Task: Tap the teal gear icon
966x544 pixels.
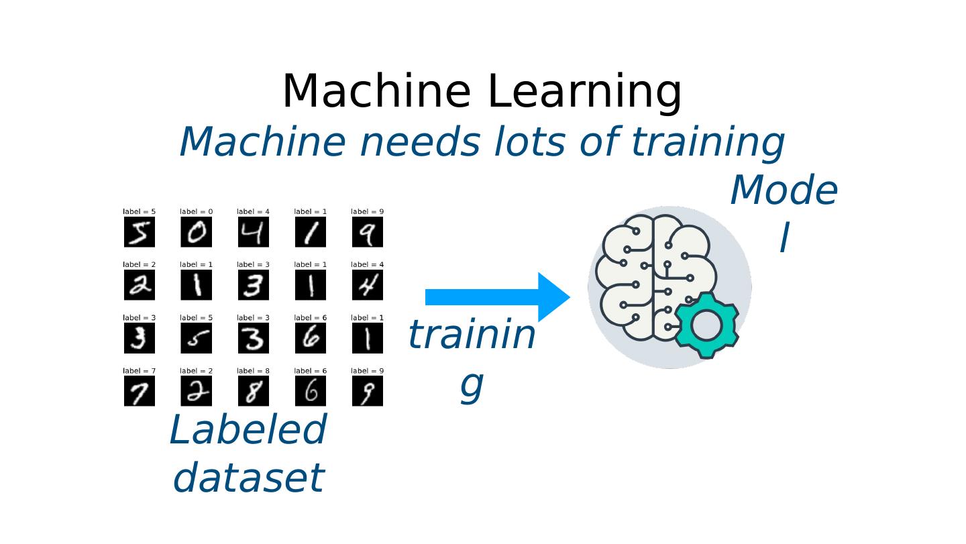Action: (706, 325)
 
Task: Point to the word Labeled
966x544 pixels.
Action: (248, 430)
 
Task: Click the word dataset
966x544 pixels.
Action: (248, 478)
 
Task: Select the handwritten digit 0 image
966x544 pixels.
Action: (197, 232)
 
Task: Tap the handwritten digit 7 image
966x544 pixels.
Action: (140, 391)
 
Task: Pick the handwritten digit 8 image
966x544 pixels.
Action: (254, 391)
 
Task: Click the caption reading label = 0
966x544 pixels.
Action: (197, 212)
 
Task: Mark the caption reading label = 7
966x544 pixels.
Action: (140, 371)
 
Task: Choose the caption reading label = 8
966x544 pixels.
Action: (254, 371)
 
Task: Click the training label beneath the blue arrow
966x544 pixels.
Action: (472, 358)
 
